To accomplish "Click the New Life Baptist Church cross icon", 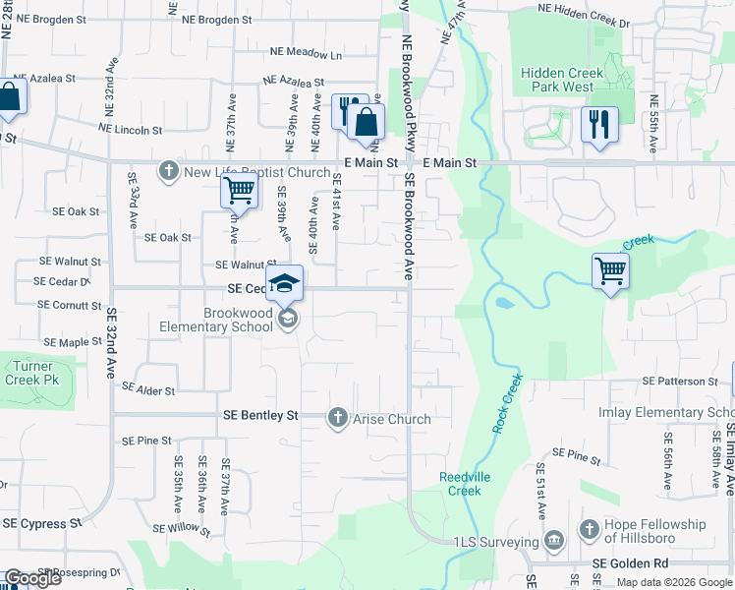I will [169, 172].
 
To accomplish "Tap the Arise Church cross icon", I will [338, 419].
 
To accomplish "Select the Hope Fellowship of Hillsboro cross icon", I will [590, 530].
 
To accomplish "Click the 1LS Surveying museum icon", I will [553, 541].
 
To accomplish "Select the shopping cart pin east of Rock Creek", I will [610, 270].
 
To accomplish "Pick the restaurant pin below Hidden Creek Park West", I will [598, 125].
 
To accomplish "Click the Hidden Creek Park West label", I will [558, 80].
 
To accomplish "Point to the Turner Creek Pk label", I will [29, 373].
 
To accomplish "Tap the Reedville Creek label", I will [459, 484].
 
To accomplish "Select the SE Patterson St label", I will [680, 381].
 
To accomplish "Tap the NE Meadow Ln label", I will [310, 55].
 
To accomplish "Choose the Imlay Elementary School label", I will [666, 413].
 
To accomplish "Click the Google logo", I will [31, 578].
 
